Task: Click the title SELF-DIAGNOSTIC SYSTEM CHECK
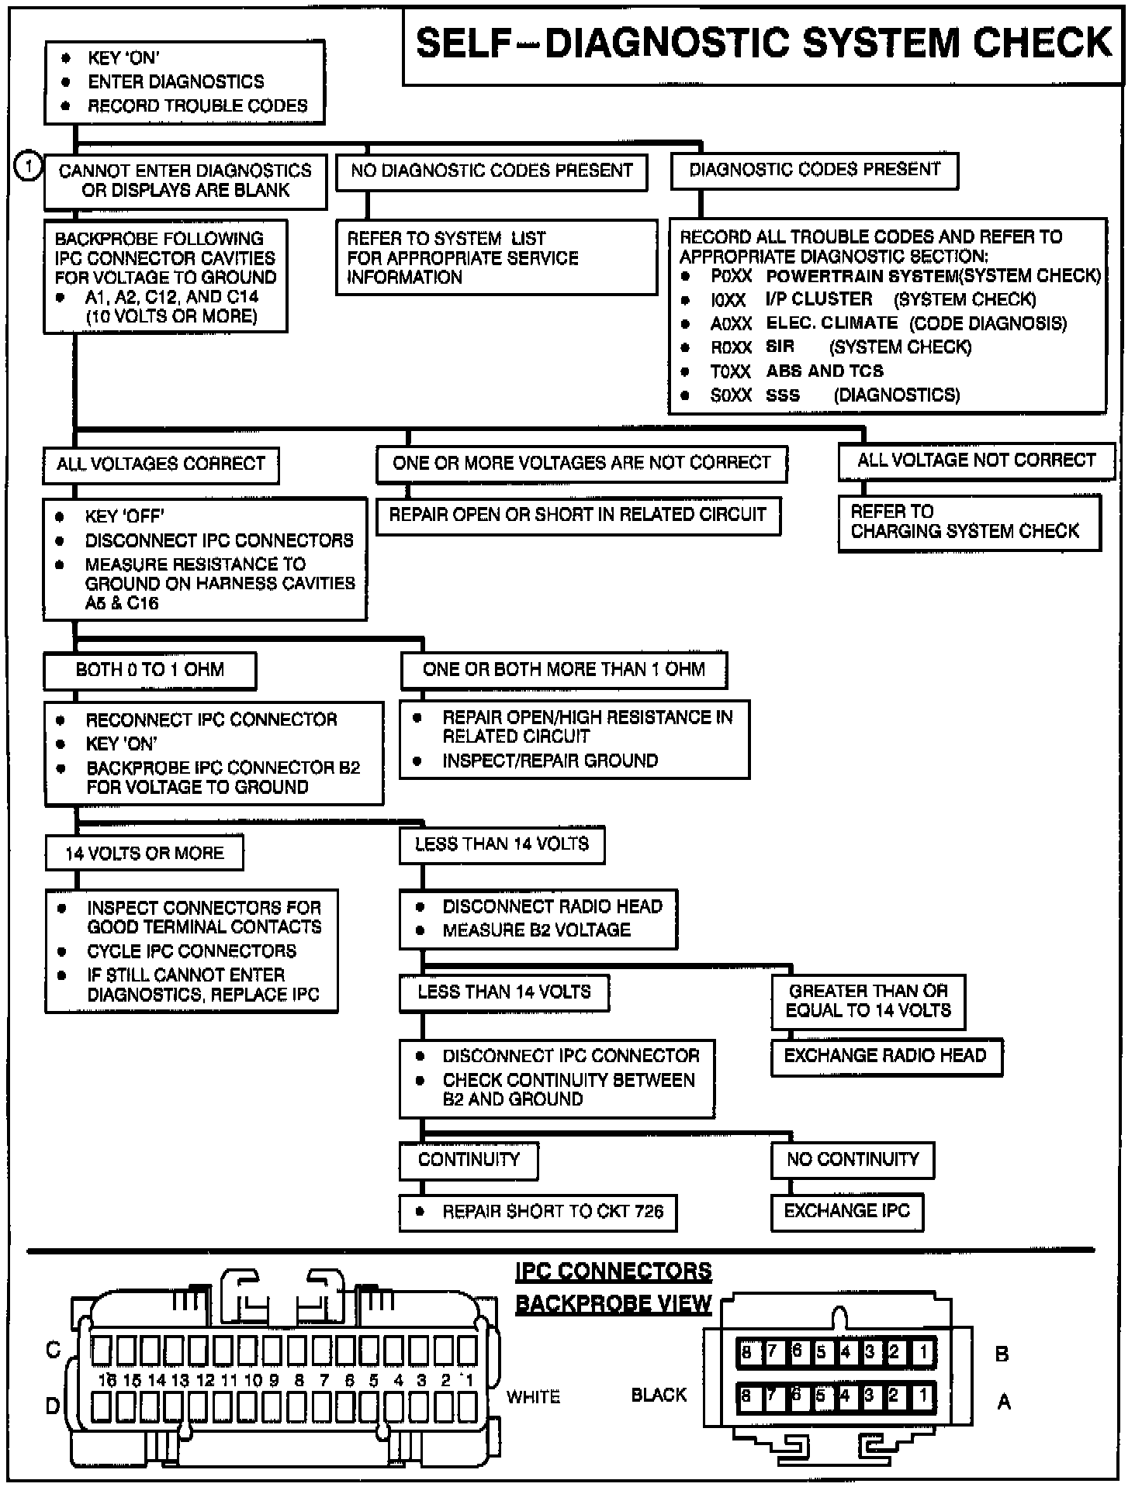pyautogui.click(x=763, y=43)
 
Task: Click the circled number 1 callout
pyautogui.click(x=29, y=167)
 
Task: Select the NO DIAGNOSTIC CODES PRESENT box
pyautogui.click(x=491, y=171)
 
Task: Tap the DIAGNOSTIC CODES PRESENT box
pyautogui.click(x=814, y=170)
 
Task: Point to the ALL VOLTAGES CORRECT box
pyautogui.click(x=161, y=464)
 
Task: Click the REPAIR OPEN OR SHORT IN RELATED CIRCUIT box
pyautogui.click(x=577, y=516)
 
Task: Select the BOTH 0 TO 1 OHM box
pyautogui.click(x=150, y=671)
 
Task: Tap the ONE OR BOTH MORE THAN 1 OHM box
pyautogui.click(x=563, y=670)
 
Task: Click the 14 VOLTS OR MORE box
pyautogui.click(x=144, y=854)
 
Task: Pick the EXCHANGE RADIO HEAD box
pyautogui.click(x=885, y=1056)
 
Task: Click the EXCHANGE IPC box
pyautogui.click(x=846, y=1212)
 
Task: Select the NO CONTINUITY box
pyautogui.click(x=852, y=1160)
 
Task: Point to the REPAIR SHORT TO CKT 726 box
pyautogui.click(x=538, y=1213)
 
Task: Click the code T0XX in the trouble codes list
pyautogui.click(x=731, y=372)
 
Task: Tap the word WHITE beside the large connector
pyautogui.click(x=533, y=1397)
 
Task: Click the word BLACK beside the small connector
pyautogui.click(x=659, y=1396)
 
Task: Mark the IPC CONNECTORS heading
pyautogui.click(x=614, y=1272)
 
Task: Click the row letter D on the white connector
pyautogui.click(x=53, y=1405)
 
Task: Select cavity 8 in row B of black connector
pyautogui.click(x=746, y=1354)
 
